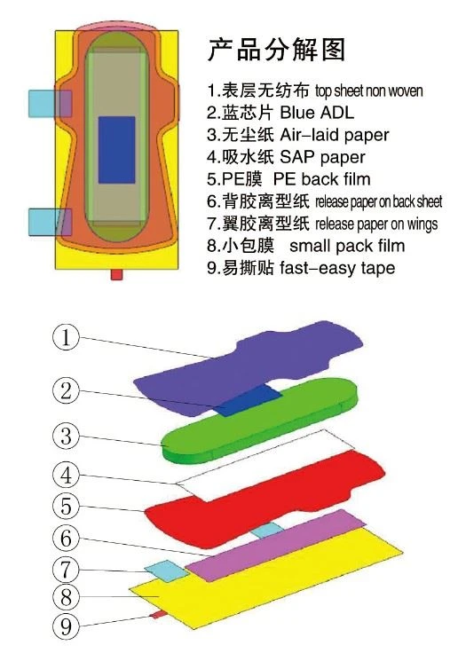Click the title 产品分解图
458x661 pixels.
point(276,50)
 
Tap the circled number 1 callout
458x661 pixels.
point(66,338)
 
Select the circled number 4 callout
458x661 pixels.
point(66,475)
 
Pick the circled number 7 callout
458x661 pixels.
point(66,570)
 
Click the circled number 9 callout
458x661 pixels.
point(66,626)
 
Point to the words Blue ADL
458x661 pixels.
point(317,113)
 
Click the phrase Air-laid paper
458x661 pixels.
point(335,135)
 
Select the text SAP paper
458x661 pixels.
point(322,157)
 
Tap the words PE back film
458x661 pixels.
point(322,179)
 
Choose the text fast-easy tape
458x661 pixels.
point(337,268)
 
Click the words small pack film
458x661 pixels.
point(347,246)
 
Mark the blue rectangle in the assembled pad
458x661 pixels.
point(117,150)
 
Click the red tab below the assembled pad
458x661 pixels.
point(117,275)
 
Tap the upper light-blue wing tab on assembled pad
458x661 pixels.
point(50,104)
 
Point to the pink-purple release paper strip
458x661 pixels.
point(276,545)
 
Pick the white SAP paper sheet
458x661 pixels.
point(265,466)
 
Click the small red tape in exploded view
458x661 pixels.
point(160,615)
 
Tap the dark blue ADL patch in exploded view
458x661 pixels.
point(249,400)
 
